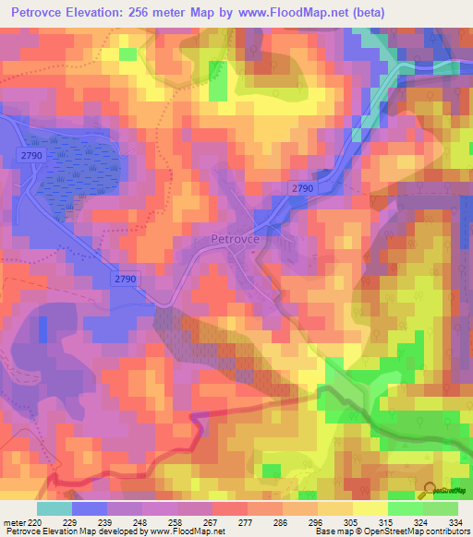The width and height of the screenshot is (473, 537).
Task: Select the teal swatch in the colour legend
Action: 55,507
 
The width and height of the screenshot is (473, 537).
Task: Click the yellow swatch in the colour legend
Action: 370,507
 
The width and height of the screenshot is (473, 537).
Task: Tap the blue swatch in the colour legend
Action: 90,507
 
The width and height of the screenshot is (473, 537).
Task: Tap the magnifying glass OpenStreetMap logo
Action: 429,490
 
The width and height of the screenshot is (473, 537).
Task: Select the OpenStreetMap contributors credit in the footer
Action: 416,531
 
